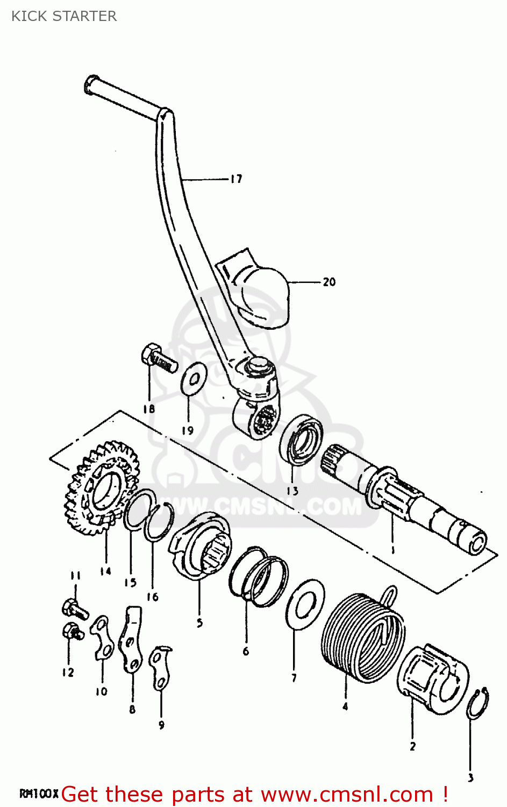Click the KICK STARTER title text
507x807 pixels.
pyautogui.click(x=64, y=16)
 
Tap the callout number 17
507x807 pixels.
pyautogui.click(x=236, y=179)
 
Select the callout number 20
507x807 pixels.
pyautogui.click(x=329, y=282)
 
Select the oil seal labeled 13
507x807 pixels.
pyautogui.click(x=302, y=439)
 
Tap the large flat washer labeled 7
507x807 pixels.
pyautogui.click(x=305, y=605)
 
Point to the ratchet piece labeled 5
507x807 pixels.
pyautogui.click(x=200, y=546)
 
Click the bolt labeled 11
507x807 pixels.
pyautogui.click(x=74, y=609)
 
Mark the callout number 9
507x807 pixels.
pyautogui.click(x=161, y=725)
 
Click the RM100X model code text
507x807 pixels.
pyautogui.click(x=39, y=794)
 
